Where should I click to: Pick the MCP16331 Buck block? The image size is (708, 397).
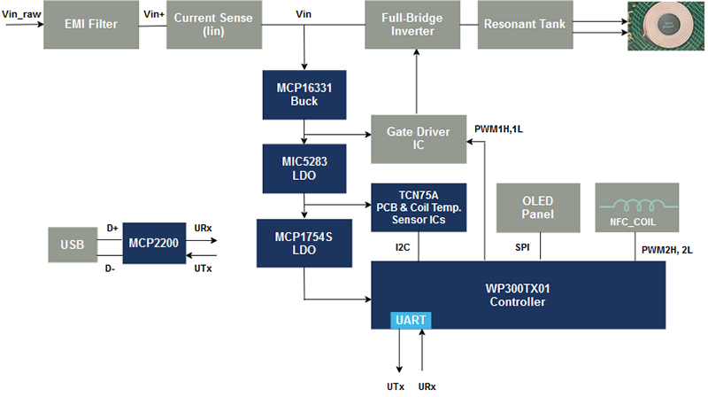point(303,95)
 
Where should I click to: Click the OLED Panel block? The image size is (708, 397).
point(538,206)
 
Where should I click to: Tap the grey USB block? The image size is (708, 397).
point(73,243)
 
